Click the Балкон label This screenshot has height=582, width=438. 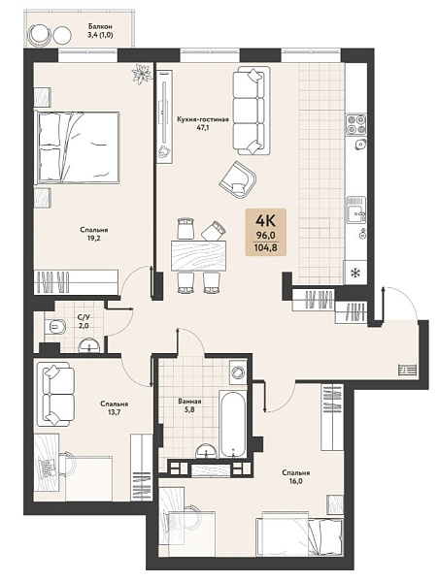click(x=100, y=27)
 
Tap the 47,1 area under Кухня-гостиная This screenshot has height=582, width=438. click(x=202, y=127)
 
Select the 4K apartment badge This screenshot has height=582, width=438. click(x=265, y=233)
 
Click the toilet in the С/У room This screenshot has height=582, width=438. click(x=54, y=327)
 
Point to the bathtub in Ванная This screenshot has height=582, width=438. click(x=233, y=424)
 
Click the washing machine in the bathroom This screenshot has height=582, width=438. click(x=238, y=370)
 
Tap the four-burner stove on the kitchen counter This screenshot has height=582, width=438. click(x=356, y=124)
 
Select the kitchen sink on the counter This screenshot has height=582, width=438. click(x=356, y=210)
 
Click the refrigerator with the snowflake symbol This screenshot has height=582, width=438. click(x=355, y=273)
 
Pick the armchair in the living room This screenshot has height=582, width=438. click(x=238, y=179)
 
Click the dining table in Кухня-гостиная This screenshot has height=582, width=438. click(x=198, y=255)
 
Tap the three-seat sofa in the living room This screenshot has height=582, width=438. click(x=252, y=111)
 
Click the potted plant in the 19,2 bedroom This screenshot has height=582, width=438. click(x=143, y=74)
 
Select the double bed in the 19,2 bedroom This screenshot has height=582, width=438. click(x=77, y=147)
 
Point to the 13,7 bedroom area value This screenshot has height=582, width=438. click(x=114, y=411)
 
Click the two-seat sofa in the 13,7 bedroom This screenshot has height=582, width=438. click(x=55, y=394)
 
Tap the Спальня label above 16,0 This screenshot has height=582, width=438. click(x=295, y=473)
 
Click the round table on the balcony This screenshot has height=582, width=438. click(x=61, y=35)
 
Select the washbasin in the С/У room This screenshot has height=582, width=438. click(x=89, y=345)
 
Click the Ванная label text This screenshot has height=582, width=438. click(x=189, y=402)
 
